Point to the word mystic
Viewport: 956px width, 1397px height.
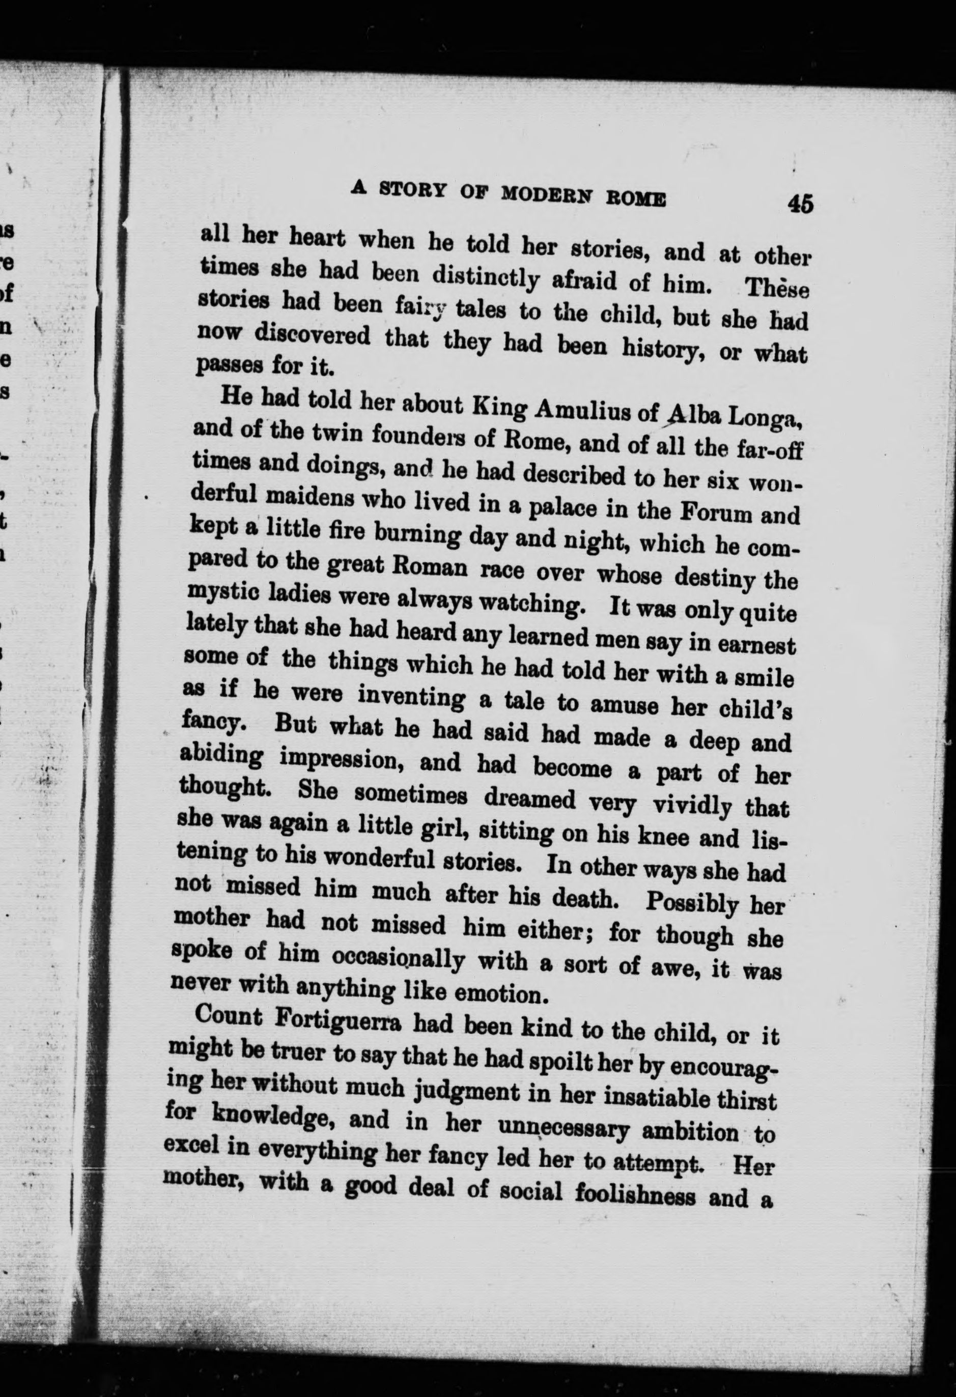tap(216, 594)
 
